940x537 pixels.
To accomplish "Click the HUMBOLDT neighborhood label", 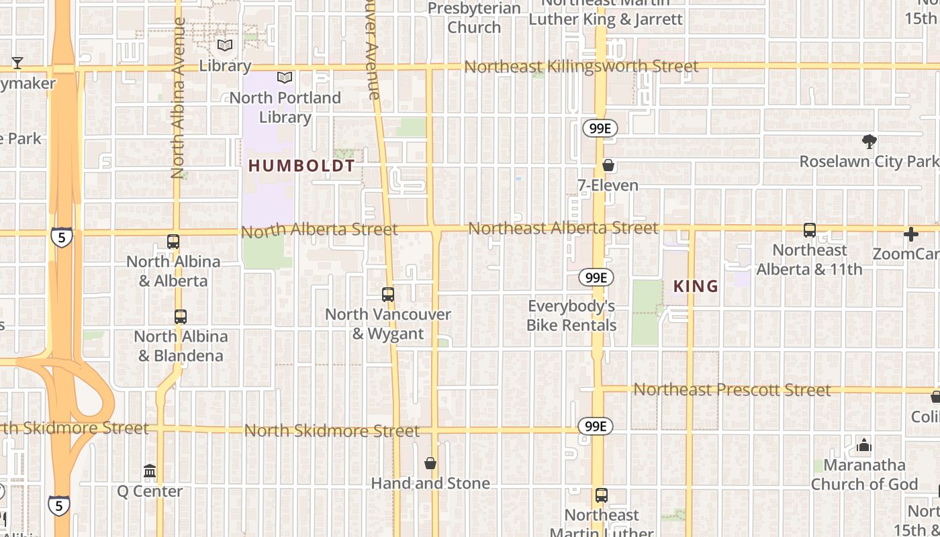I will pos(301,166).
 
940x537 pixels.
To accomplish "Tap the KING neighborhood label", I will pos(696,287).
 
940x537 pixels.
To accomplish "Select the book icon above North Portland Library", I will pos(285,77).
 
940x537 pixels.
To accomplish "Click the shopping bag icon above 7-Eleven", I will pos(608,165).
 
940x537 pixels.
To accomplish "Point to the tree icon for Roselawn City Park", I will pos(869,142).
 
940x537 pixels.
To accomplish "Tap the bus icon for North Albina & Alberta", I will pos(173,242).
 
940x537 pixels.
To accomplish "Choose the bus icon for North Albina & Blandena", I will pos(180,317).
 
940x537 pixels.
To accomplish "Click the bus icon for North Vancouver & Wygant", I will pos(387,294).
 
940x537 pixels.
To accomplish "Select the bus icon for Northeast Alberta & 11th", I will pos(810,230).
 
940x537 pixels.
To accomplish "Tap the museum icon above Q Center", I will pos(150,471).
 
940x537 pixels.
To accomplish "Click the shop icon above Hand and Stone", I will pos(430,463).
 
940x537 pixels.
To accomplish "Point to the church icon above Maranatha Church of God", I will pos(864,445).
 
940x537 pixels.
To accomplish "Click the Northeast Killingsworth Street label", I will pos(581,66).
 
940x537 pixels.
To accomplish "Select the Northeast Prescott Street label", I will pos(732,389).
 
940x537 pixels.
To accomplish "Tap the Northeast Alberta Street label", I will pos(563,228).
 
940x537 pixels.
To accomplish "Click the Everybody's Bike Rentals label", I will pos(571,315).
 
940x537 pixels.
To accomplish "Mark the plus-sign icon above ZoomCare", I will pos(910,234).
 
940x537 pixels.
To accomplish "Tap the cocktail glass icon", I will pos(17,63).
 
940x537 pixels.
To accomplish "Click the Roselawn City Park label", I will pos(869,162).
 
